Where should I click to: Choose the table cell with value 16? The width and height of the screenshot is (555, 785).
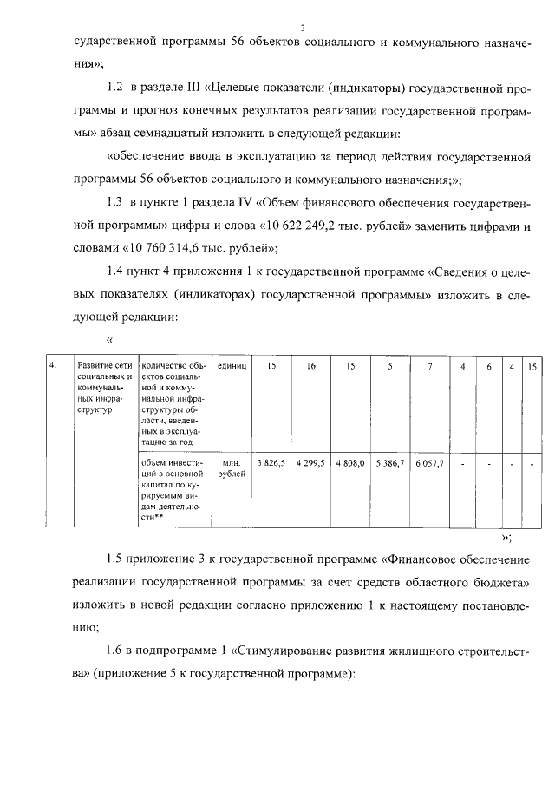(310, 366)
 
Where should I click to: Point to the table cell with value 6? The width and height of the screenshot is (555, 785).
(489, 366)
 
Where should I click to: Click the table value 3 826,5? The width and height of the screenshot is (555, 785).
(271, 464)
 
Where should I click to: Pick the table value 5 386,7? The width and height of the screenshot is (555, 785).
(390, 464)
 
